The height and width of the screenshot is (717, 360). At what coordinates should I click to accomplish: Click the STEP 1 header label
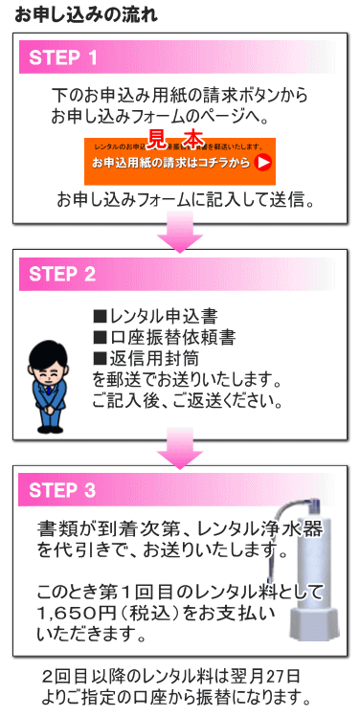(63, 58)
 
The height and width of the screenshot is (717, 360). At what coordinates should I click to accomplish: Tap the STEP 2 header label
(63, 275)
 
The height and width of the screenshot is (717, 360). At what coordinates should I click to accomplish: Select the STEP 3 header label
(63, 491)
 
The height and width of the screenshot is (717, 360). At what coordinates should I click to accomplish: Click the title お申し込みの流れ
(79, 15)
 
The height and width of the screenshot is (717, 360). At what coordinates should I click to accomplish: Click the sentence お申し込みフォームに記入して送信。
(186, 200)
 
